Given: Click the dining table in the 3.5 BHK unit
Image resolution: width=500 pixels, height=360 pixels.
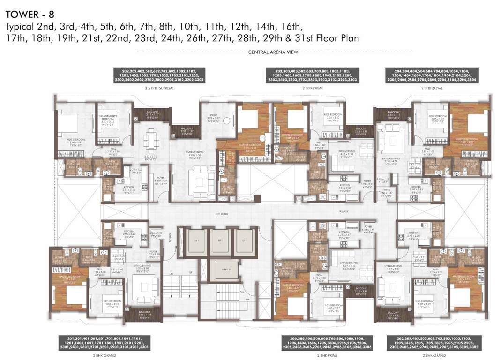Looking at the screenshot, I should click(x=150, y=140).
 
